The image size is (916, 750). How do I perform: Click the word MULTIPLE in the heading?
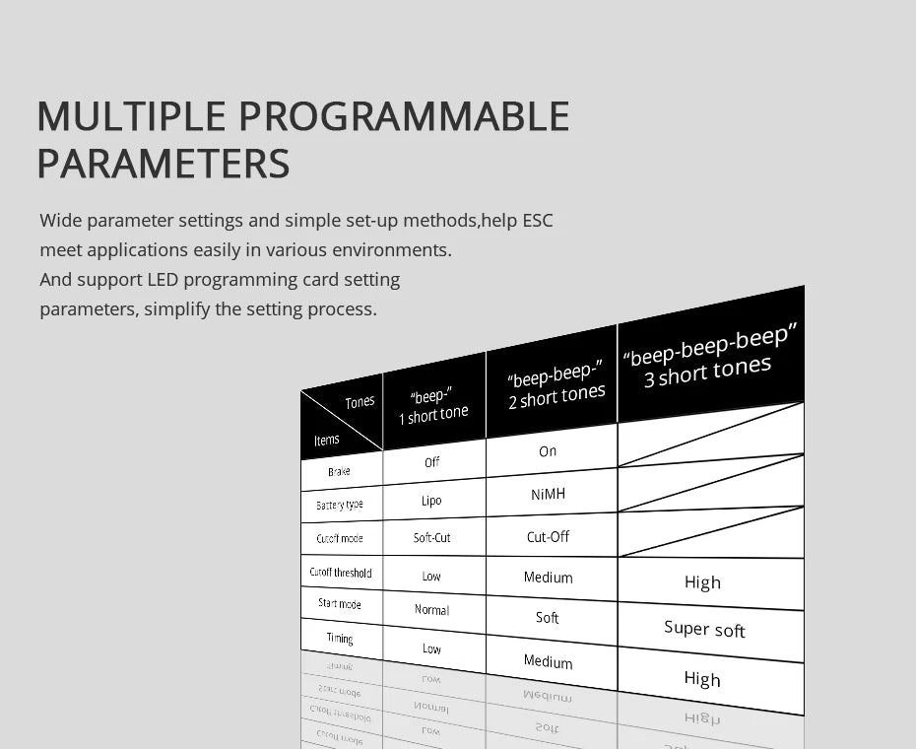pyautogui.click(x=131, y=116)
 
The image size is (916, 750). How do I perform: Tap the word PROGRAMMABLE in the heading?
pyautogui.click(x=403, y=116)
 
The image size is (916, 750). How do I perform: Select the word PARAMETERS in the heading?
pyautogui.click(x=164, y=164)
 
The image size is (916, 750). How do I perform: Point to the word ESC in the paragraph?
pyautogui.click(x=537, y=221)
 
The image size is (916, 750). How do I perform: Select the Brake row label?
pyautogui.click(x=339, y=472)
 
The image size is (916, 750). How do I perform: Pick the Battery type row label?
pyautogui.click(x=340, y=505)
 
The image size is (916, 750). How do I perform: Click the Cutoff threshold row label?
pyautogui.click(x=341, y=573)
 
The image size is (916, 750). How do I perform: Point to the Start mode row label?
pyautogui.click(x=340, y=604)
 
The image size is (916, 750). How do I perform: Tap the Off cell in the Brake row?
pyautogui.click(x=432, y=462)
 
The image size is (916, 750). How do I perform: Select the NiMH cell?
pyautogui.click(x=548, y=494)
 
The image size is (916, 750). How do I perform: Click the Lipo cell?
pyautogui.click(x=431, y=501)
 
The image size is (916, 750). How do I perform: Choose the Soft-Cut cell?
pyautogui.click(x=432, y=538)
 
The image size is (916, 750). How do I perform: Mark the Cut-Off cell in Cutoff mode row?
pyautogui.click(x=548, y=537)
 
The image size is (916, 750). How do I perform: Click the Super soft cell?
pyautogui.click(x=704, y=629)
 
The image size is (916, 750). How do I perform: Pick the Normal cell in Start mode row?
pyautogui.click(x=431, y=610)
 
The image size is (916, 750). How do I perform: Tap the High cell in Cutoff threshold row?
pyautogui.click(x=702, y=582)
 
